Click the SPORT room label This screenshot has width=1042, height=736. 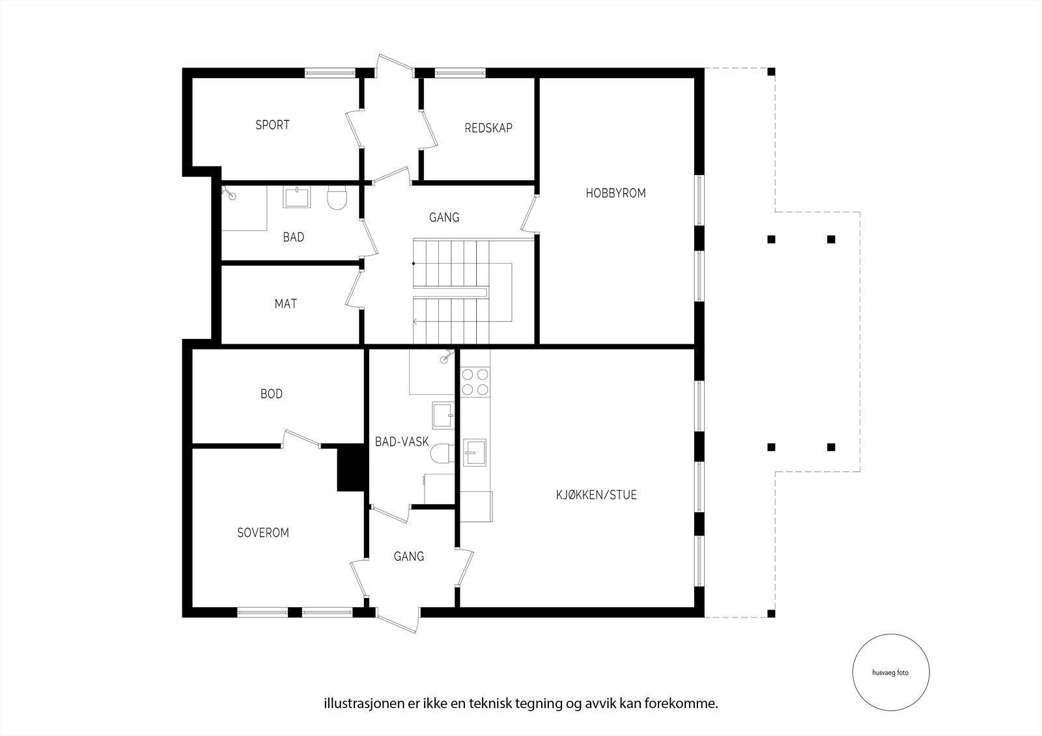pyautogui.click(x=272, y=125)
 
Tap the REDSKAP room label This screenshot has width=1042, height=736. pyautogui.click(x=488, y=128)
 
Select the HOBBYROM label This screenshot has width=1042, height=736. pyautogui.click(x=615, y=193)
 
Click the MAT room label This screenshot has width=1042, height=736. pyautogui.click(x=285, y=304)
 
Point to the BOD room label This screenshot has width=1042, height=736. pyautogui.click(x=271, y=394)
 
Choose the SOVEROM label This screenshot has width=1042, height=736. pyautogui.click(x=262, y=533)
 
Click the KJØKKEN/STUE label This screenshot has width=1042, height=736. pyautogui.click(x=596, y=495)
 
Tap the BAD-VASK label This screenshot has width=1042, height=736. pyautogui.click(x=402, y=442)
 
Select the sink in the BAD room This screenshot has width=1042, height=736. pyautogui.click(x=296, y=196)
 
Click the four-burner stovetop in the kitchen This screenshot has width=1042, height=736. pyautogui.click(x=474, y=382)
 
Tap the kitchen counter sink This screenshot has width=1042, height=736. pyautogui.click(x=475, y=452)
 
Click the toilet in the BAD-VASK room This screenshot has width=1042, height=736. pyautogui.click(x=442, y=453)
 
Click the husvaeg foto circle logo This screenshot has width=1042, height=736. pyautogui.click(x=890, y=673)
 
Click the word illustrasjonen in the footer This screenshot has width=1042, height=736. pyautogui.click(x=356, y=703)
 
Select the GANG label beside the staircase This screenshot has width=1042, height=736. pyautogui.click(x=444, y=217)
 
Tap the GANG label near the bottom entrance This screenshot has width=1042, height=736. pyautogui.click(x=409, y=556)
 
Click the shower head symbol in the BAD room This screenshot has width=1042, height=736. pyautogui.click(x=229, y=192)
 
